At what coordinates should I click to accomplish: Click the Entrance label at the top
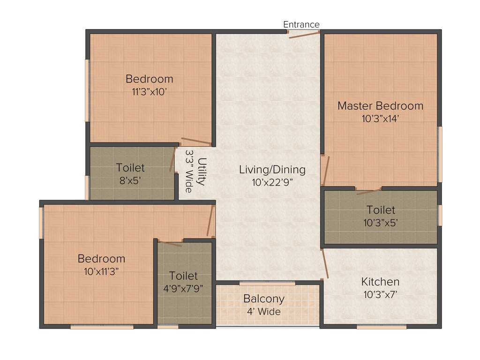[301, 24]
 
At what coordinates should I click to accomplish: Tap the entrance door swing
[304, 35]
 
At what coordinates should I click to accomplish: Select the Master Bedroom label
[380, 106]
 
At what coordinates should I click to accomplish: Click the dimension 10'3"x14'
[380, 119]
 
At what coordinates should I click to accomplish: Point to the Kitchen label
[380, 282]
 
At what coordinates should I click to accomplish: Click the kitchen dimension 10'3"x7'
[380, 295]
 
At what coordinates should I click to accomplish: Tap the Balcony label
[263, 299]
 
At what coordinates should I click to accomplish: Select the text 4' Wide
[263, 311]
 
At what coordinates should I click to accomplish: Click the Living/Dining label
[272, 169]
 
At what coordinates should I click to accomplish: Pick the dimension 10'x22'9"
[272, 182]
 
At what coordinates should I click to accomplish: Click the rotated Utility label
[201, 172]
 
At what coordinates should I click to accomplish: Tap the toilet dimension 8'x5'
[130, 180]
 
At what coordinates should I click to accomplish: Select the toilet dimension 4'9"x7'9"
[183, 289]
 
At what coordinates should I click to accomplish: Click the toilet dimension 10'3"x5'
[381, 223]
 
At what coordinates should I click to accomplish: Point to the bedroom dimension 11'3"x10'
[149, 92]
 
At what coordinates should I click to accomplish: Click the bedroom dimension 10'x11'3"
[101, 271]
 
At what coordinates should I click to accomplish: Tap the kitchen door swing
[324, 263]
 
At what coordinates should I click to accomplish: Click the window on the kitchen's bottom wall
[381, 327]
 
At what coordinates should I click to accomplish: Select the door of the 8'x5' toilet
[172, 161]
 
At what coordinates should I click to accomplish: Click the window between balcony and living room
[267, 283]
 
